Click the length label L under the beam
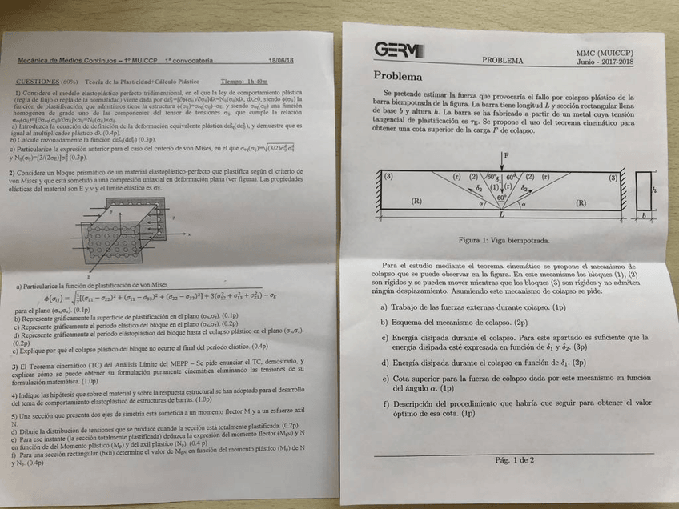tap(502, 214)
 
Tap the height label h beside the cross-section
tap(655, 190)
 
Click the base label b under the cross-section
tap(642, 216)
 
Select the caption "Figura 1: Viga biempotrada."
tap(504, 238)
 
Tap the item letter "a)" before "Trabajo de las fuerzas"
tap(384, 307)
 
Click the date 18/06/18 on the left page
tap(281, 61)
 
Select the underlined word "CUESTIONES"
tap(38, 81)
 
